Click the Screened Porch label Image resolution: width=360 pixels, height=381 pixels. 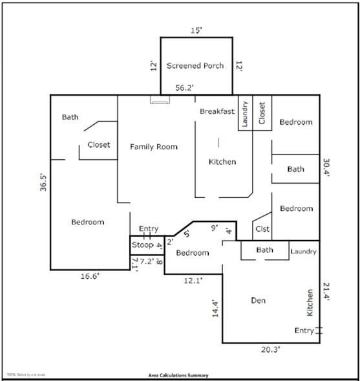196,65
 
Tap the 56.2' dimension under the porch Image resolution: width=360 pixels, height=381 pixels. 186,87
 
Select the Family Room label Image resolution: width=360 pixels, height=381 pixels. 153,147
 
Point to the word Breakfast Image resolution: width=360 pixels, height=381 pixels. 217,111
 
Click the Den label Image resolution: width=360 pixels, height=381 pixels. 259,300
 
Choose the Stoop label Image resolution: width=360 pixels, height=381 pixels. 142,245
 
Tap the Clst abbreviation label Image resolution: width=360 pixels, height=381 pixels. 262,229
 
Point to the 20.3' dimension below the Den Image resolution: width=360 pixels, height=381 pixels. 270,350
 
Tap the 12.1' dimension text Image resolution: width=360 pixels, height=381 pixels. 193,280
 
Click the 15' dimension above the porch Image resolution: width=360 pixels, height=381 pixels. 196,30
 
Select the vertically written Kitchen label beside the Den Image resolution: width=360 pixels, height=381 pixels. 310,303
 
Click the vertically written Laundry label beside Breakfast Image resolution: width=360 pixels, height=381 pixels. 245,114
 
